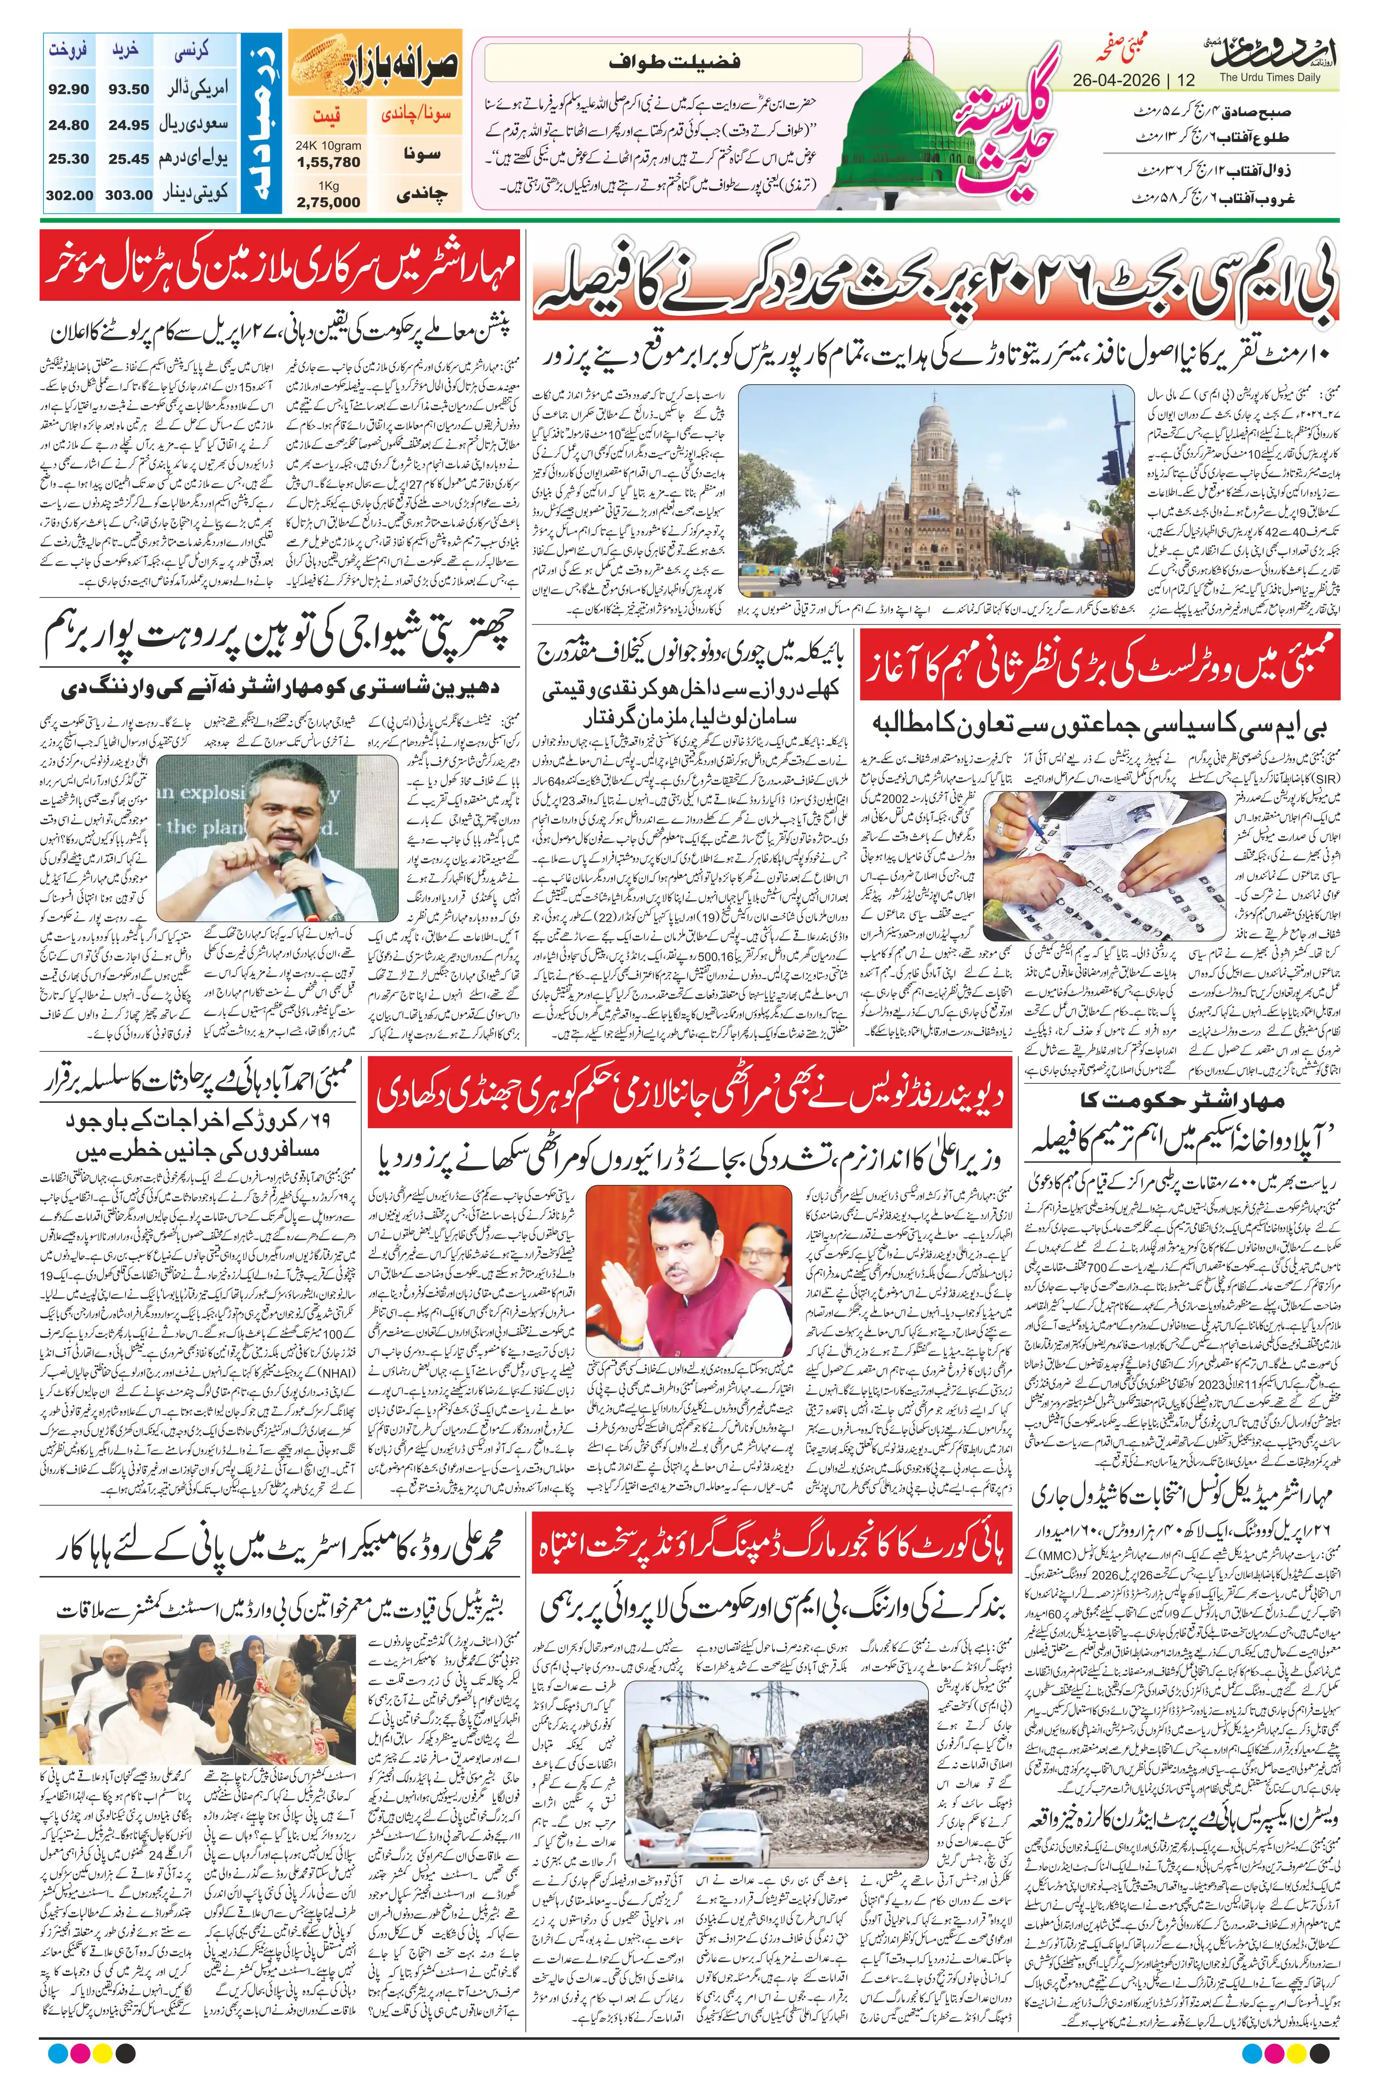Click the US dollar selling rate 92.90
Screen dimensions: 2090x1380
pyautogui.click(x=69, y=89)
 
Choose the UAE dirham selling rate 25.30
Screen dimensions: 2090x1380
pyautogui.click(x=69, y=159)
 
